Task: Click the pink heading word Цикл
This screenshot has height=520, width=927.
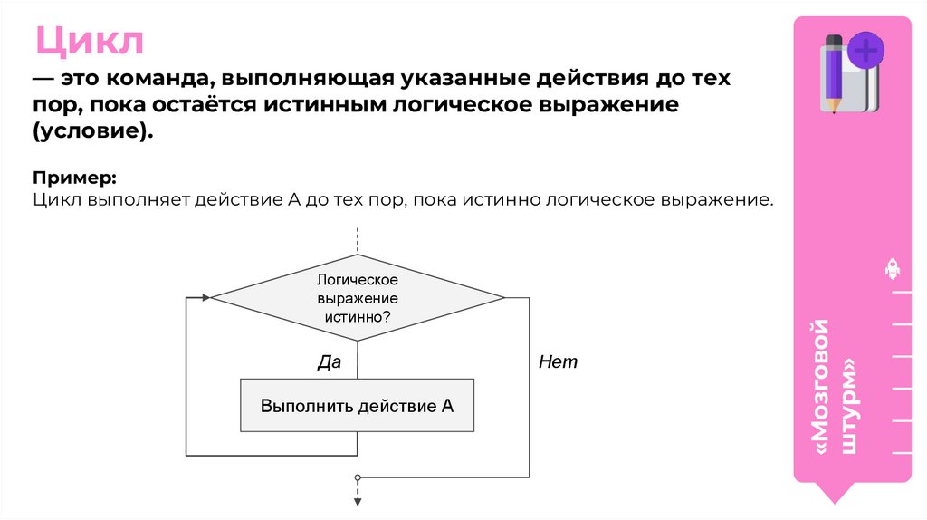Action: [x=90, y=42]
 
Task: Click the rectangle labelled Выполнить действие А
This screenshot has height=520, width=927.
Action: [x=357, y=405]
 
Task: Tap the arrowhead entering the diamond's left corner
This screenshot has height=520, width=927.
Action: [x=206, y=297]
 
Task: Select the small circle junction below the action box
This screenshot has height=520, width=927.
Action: [x=358, y=477]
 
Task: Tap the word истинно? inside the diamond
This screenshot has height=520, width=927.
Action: [x=357, y=317]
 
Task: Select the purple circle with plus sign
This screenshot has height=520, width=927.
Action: [x=866, y=50]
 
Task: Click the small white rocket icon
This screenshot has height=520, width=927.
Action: [x=893, y=269]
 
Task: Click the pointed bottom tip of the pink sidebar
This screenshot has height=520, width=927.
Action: [x=839, y=501]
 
